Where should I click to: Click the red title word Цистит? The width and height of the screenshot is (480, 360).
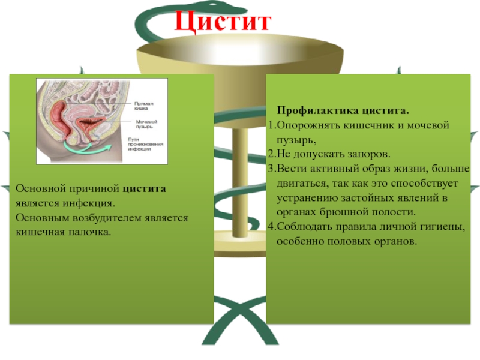coord(223,22)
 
